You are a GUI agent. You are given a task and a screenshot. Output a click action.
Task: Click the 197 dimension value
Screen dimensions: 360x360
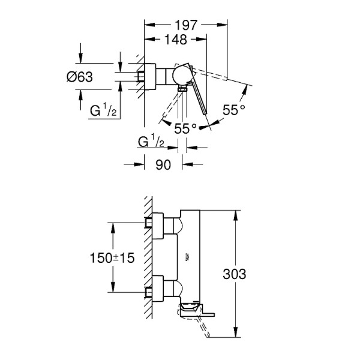(x=186, y=25)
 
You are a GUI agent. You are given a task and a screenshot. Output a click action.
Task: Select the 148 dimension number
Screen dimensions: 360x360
(x=176, y=40)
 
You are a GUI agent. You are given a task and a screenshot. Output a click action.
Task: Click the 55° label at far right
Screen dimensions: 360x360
(x=233, y=110)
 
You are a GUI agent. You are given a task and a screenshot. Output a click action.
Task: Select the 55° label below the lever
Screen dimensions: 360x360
(x=186, y=128)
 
